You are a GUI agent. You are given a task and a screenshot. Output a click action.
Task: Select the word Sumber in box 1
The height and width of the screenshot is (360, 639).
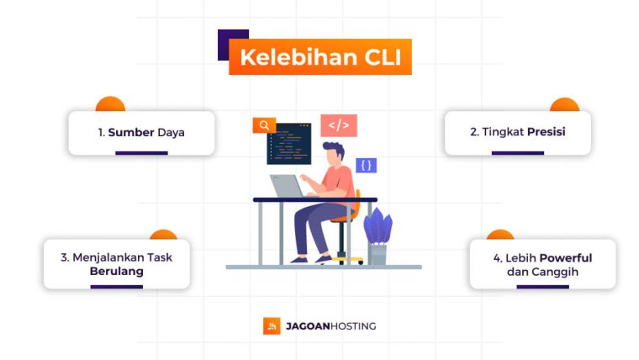130,133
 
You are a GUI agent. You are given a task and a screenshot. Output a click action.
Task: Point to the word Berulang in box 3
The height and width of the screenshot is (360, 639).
117,271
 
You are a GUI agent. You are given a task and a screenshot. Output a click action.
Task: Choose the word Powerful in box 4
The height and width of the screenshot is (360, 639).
566,257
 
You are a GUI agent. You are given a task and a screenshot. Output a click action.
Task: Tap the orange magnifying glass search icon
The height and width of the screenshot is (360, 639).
264,125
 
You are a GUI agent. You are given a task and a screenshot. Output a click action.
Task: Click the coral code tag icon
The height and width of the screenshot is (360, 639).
339,126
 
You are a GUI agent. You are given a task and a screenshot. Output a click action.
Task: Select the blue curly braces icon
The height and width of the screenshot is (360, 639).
366,166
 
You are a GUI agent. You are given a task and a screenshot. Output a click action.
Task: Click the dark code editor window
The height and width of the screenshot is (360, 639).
289,143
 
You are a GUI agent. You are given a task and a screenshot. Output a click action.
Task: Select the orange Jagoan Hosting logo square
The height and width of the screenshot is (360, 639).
272,326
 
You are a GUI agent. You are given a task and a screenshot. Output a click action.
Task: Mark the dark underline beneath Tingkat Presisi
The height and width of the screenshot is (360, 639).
517,153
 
